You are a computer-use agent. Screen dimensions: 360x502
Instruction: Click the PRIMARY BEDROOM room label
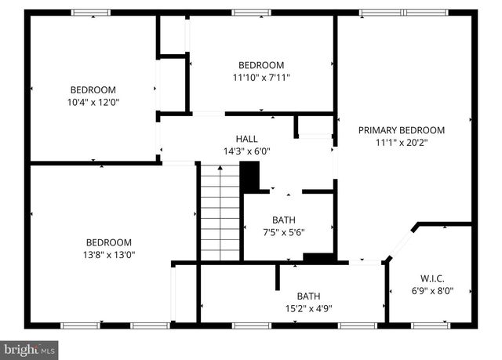[402, 130]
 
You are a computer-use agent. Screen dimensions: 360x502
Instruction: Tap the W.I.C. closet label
[432, 278]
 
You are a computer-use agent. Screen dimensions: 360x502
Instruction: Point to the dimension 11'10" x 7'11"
[261, 78]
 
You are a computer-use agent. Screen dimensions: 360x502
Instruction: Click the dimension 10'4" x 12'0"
[93, 102]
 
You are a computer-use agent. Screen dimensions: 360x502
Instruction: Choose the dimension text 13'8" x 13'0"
[109, 255]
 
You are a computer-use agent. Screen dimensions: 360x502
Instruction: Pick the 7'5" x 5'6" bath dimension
[283, 233]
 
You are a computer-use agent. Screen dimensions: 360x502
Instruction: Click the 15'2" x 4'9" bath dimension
[307, 308]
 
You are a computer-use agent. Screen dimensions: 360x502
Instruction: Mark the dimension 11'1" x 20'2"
[402, 143]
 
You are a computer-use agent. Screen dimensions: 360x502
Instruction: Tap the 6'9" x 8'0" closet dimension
[432, 290]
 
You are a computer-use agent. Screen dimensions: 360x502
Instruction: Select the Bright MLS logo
[29, 347]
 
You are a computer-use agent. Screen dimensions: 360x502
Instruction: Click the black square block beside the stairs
[249, 176]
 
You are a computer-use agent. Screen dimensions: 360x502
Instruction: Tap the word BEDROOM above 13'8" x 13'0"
[109, 242]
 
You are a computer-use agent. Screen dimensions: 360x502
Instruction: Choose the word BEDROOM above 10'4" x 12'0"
[93, 89]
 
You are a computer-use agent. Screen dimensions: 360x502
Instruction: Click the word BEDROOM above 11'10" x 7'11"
[261, 65]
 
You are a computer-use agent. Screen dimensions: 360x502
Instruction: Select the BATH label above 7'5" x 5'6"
[283, 220]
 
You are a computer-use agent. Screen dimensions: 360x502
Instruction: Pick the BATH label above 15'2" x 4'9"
[307, 296]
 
